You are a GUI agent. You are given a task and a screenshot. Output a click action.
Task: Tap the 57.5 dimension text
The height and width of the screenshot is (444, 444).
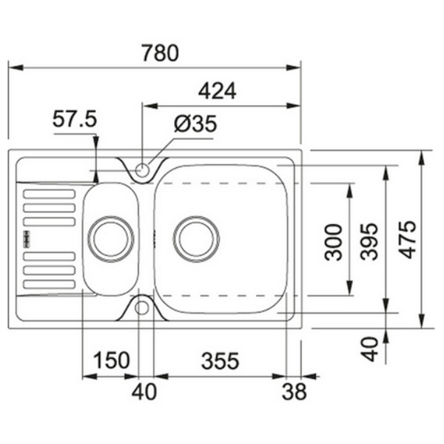(75, 120)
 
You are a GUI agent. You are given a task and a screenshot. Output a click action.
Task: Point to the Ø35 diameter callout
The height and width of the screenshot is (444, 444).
(195, 124)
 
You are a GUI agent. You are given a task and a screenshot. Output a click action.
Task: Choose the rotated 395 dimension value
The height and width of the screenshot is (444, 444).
(370, 240)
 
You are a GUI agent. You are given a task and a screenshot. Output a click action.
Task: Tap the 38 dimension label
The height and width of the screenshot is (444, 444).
(295, 393)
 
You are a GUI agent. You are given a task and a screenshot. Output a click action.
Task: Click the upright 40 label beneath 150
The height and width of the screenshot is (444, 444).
(145, 393)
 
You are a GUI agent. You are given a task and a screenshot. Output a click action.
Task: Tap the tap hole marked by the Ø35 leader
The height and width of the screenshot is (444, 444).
(143, 169)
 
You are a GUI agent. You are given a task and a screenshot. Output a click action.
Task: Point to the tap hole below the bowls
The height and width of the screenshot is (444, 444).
(143, 307)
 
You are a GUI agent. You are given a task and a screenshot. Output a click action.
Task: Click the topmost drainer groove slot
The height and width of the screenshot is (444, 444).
(50, 194)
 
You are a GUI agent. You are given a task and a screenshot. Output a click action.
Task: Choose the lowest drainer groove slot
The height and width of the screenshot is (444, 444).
(50, 284)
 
